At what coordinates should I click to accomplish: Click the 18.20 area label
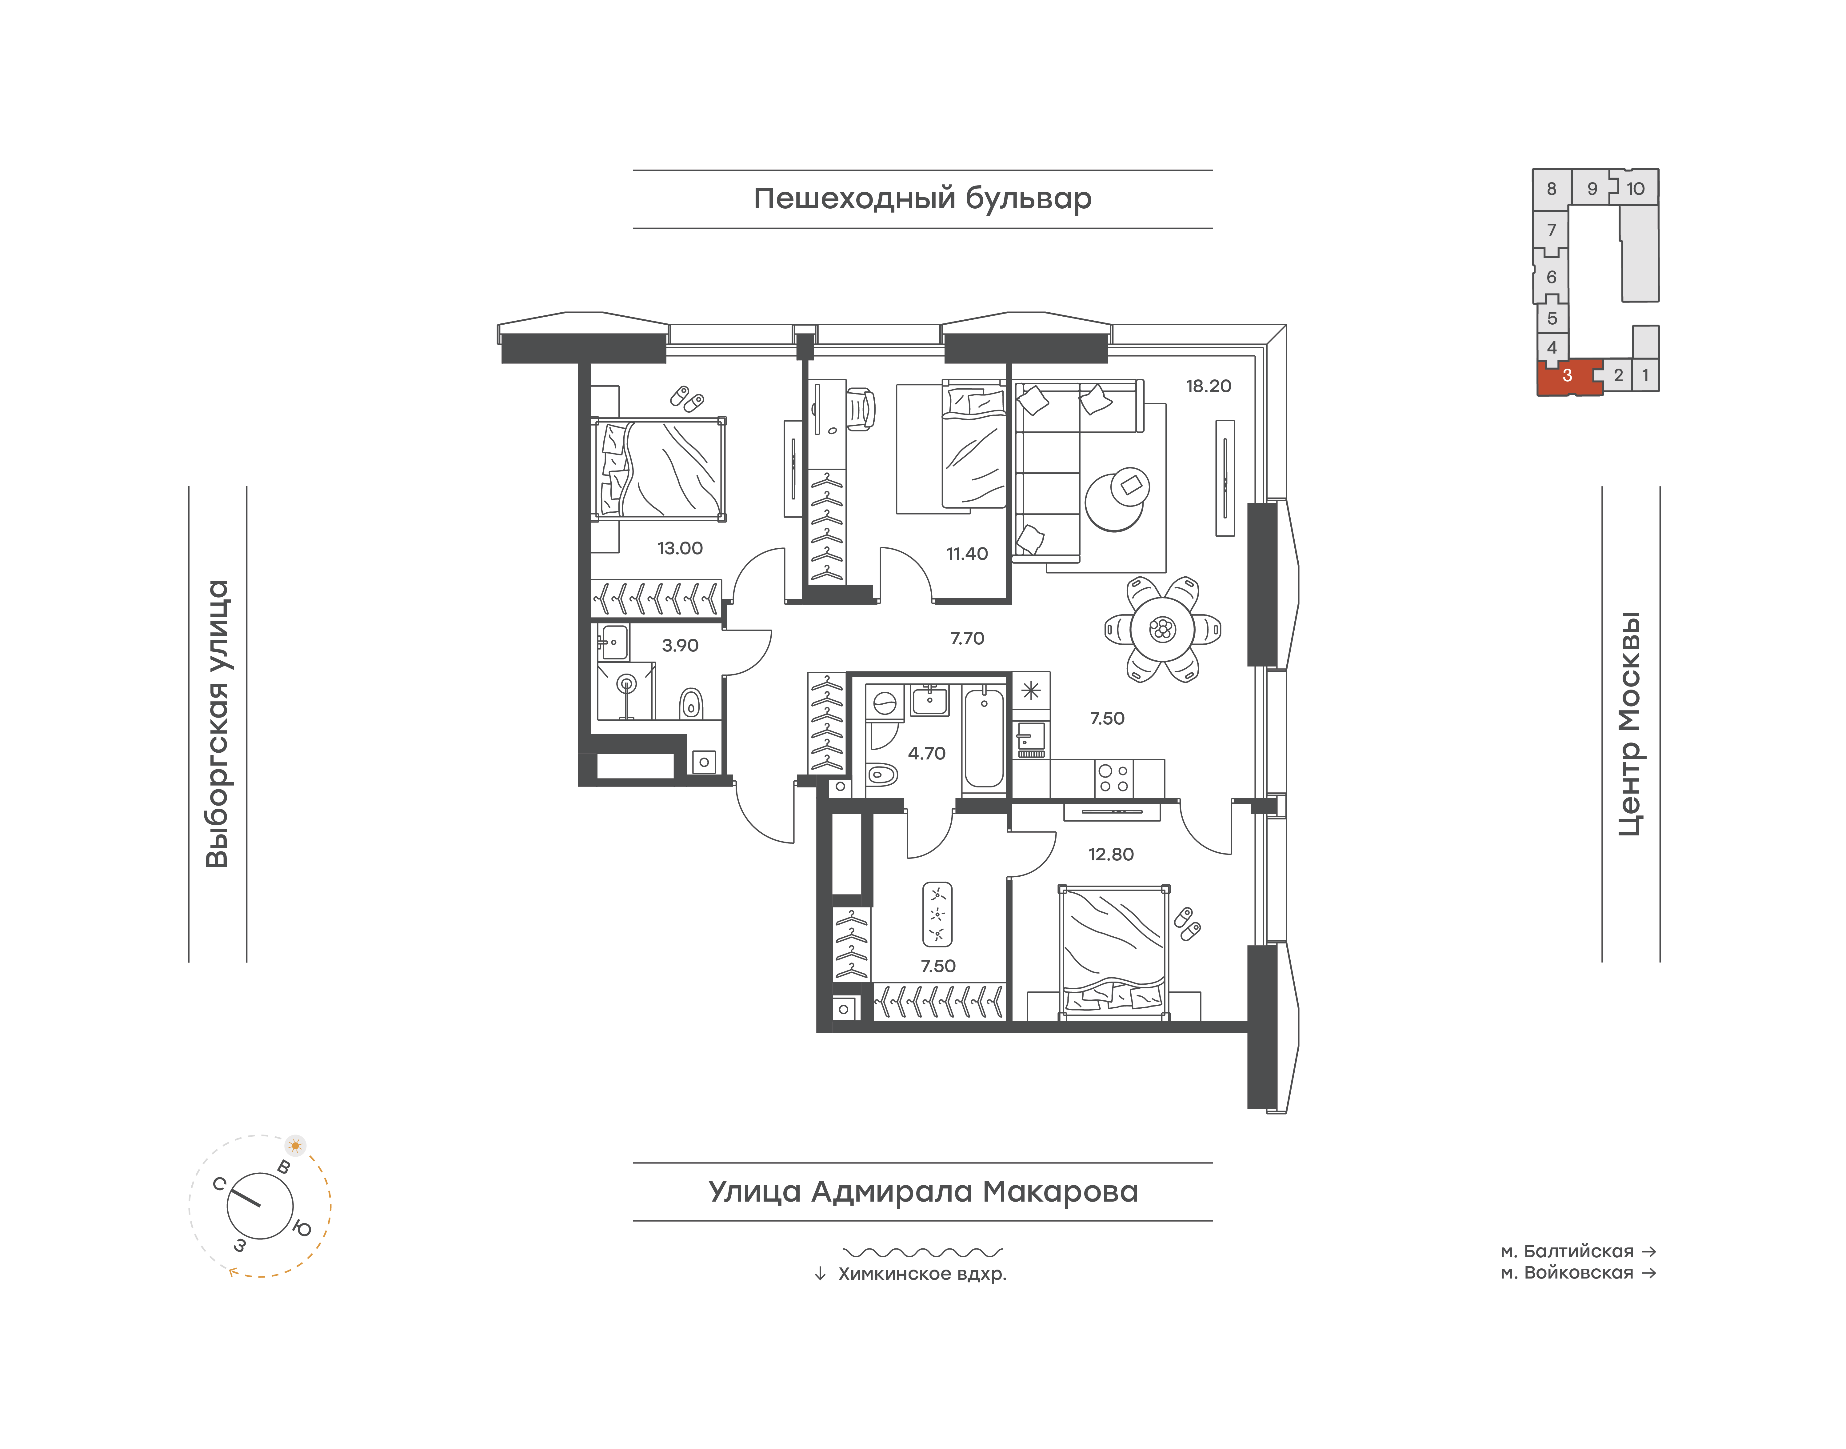point(1208,386)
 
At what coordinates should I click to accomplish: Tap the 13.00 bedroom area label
point(680,548)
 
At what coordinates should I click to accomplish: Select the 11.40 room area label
point(967,554)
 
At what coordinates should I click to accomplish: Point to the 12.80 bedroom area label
point(1110,854)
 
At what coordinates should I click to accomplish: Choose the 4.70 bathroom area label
point(926,753)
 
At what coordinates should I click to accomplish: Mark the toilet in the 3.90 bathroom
point(691,703)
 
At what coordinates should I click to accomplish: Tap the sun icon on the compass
point(295,1145)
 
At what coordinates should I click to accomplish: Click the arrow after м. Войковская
point(1649,1273)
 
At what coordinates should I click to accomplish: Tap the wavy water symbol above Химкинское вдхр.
point(923,1251)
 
